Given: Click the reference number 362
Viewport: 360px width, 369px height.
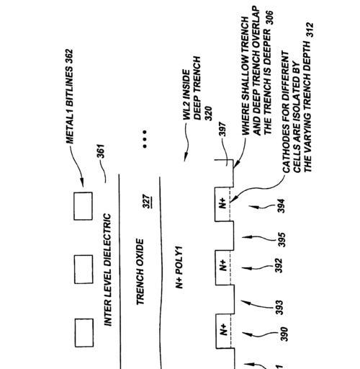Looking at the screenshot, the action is [x=70, y=57].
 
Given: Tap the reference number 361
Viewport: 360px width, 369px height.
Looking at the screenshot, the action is [x=101, y=151].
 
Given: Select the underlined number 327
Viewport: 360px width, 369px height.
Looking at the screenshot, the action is [x=147, y=202].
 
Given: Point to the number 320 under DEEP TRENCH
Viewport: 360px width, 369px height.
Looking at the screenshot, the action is [x=208, y=113].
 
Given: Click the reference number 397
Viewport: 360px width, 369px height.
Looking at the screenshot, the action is [x=222, y=129].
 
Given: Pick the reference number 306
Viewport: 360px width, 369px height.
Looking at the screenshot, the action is [x=269, y=17].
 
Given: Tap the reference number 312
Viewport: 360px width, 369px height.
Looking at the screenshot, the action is [x=310, y=30].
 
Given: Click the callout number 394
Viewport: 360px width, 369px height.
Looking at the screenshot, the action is [x=281, y=206].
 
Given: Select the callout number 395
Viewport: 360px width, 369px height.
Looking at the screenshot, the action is [x=282, y=239].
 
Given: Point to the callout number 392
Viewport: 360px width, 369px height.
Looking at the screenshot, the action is [x=279, y=265].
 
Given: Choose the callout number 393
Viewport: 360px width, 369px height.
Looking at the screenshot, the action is [x=279, y=307].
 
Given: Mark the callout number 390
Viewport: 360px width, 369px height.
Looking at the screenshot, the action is [x=284, y=334].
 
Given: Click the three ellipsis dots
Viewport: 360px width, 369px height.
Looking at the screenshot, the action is [x=145, y=139].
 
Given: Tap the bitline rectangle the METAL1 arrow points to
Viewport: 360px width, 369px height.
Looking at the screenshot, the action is [x=83, y=206].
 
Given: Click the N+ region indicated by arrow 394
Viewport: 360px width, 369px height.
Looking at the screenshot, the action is [x=222, y=204].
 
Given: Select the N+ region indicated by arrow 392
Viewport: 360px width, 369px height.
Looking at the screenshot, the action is [x=223, y=267].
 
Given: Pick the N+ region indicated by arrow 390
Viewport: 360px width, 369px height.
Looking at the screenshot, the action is [x=224, y=331].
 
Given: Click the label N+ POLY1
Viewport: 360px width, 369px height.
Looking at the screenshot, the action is [x=179, y=267].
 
